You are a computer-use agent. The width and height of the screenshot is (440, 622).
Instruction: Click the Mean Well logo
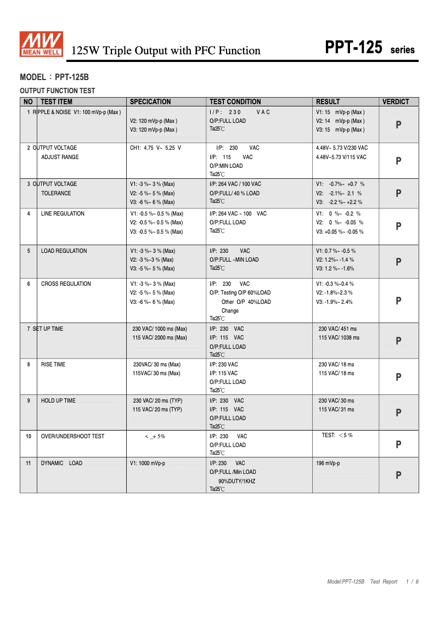point(41,44)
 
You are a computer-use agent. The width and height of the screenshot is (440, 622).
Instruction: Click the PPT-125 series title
point(370,48)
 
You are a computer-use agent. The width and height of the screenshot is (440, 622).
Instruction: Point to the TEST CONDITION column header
point(235,101)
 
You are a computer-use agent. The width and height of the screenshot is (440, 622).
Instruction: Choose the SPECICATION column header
point(150,101)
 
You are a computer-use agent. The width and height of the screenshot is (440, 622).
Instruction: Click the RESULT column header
point(328,101)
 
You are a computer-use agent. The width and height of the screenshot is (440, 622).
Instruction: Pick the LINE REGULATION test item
point(63,213)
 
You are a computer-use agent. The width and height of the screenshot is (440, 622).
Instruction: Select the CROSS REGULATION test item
point(66,284)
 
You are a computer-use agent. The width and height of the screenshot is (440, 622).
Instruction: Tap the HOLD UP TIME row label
point(58,400)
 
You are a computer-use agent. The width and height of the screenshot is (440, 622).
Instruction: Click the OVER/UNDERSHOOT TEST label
point(72,436)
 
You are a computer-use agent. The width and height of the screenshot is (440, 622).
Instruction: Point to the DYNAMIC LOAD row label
point(61,463)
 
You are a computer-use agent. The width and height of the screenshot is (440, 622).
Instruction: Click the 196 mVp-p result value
point(328,463)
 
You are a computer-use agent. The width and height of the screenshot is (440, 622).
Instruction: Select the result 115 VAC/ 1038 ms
point(339,337)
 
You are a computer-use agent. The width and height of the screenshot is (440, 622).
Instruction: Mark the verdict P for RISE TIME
point(399,377)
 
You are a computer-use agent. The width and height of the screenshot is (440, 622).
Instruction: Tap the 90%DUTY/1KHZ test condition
point(236,481)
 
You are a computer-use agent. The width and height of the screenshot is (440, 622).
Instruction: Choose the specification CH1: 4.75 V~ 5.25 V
point(155,148)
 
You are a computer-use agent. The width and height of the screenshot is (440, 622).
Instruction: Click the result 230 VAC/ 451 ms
point(337,329)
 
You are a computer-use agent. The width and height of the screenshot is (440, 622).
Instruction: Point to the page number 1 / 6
point(413,581)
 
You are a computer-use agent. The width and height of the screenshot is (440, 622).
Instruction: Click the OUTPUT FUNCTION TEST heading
point(57,91)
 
